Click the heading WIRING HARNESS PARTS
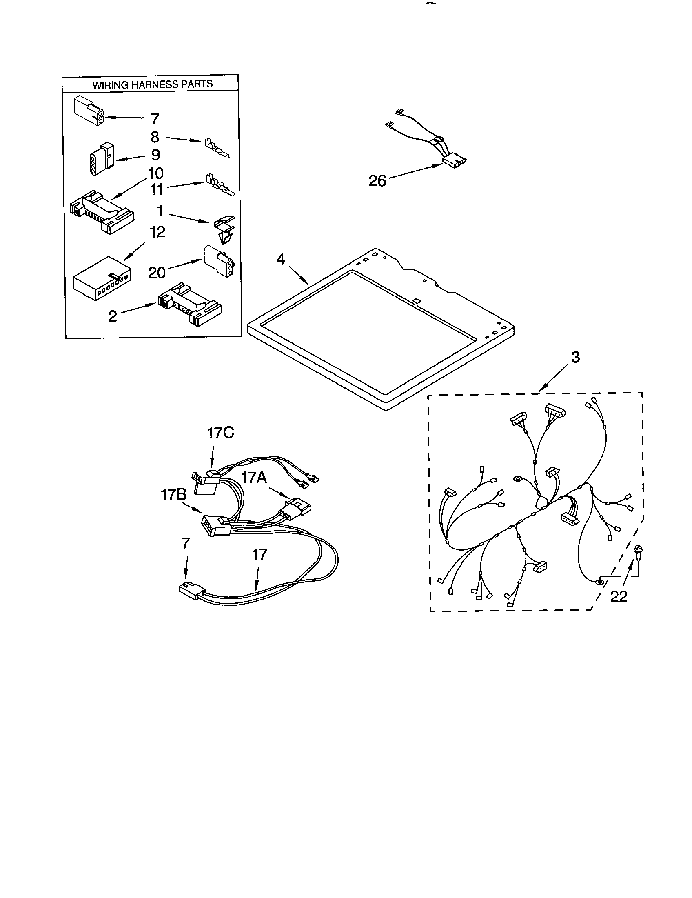152,85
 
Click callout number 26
377,180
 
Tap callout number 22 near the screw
619,596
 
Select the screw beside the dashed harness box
638,552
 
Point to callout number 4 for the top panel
280,259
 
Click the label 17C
220,433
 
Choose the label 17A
253,478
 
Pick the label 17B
173,495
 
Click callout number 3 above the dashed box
575,357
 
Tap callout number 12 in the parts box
157,232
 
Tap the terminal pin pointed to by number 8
217,149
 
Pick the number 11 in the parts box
156,189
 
